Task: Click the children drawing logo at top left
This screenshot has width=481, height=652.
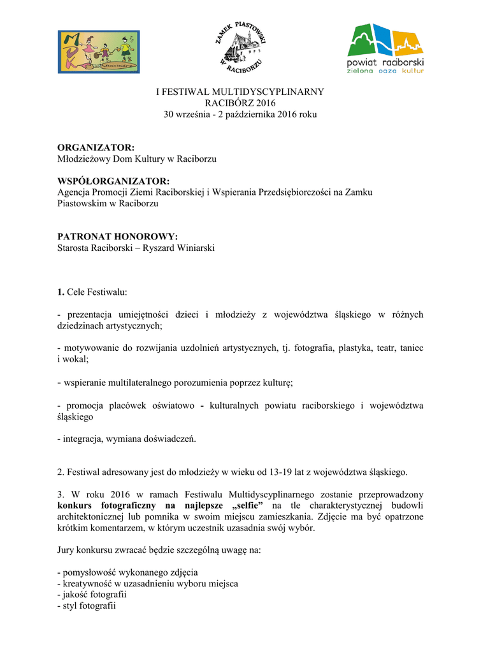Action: tap(99, 52)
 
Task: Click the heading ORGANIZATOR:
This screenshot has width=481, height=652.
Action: tap(96, 148)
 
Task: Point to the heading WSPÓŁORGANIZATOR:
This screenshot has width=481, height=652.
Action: tap(113, 181)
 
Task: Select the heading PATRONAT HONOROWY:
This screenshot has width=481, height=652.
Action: tap(118, 237)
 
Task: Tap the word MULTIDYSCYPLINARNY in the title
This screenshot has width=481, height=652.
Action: tap(269, 92)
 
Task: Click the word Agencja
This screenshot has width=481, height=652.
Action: tap(75, 192)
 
